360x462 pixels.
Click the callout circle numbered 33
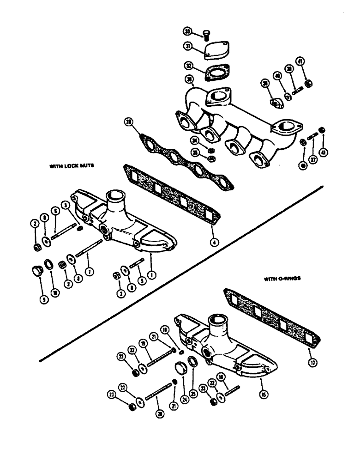click(x=188, y=31)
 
